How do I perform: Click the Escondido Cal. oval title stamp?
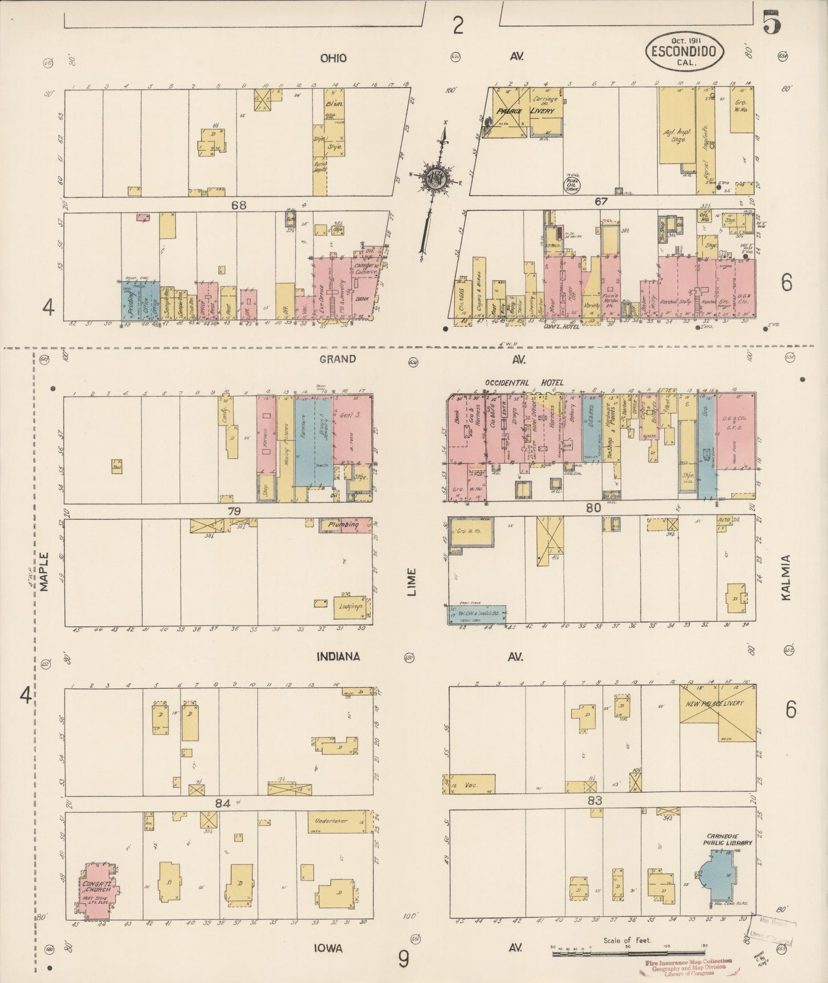pos(685,52)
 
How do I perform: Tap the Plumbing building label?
pos(343,524)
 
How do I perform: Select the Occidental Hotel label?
pos(524,383)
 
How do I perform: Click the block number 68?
pos(238,205)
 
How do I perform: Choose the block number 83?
pos(595,801)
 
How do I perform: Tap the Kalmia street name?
pos(786,578)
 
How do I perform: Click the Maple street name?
pos(45,572)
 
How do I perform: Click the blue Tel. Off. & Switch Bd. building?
pos(477,614)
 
